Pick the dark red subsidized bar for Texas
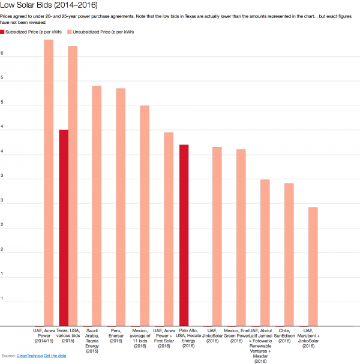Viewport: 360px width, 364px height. click(64, 228)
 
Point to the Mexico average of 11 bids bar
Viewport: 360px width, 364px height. click(145, 216)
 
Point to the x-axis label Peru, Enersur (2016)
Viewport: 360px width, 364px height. click(116, 333)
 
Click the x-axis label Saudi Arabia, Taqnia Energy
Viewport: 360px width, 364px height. click(92, 340)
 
